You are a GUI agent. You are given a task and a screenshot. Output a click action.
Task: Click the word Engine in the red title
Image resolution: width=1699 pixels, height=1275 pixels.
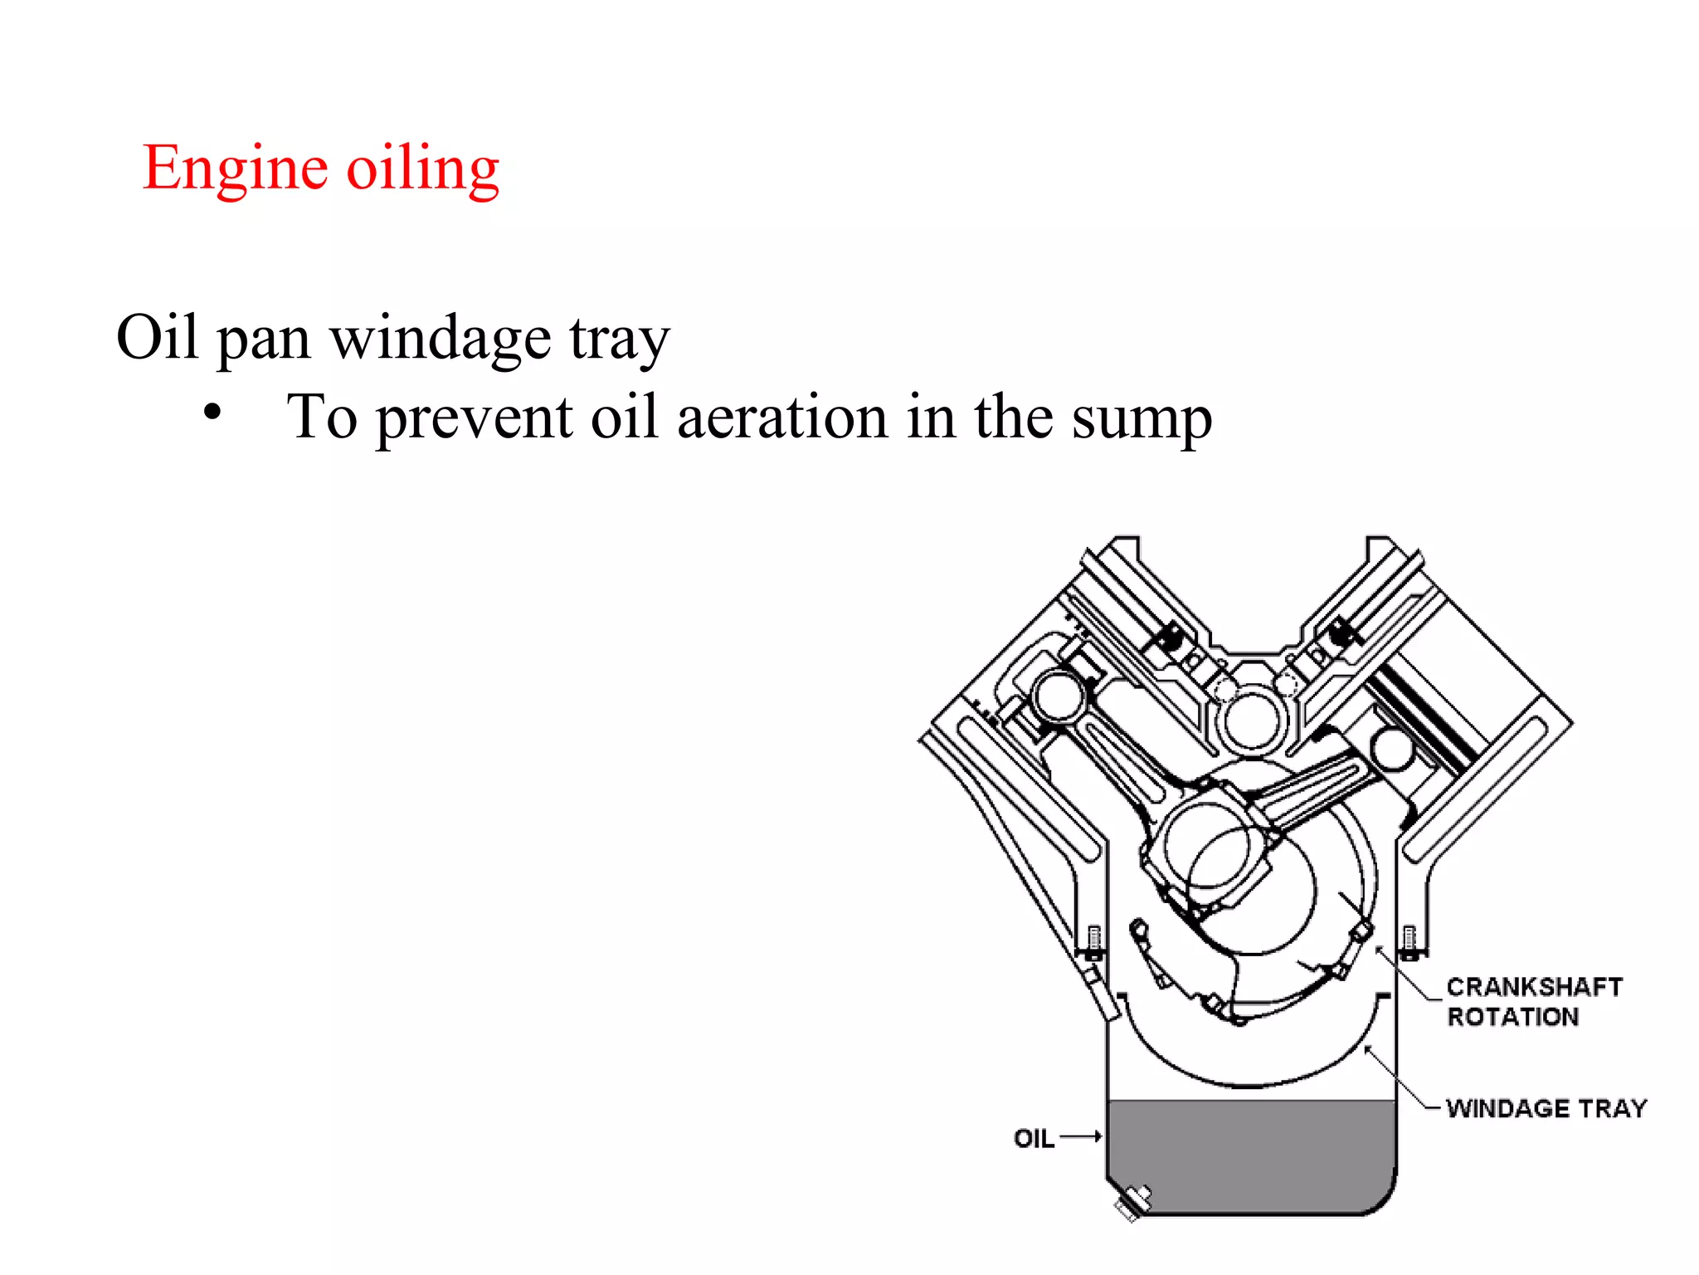click(x=235, y=169)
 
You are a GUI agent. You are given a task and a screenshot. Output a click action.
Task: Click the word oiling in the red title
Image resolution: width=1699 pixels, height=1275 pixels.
click(x=422, y=169)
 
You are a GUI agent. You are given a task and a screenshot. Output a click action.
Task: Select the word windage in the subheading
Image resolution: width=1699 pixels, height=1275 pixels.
click(x=441, y=340)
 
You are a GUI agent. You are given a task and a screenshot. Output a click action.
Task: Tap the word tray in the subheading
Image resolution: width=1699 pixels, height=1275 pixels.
click(x=619, y=340)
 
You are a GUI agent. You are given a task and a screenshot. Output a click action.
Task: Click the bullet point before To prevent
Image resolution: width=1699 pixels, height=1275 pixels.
click(x=213, y=412)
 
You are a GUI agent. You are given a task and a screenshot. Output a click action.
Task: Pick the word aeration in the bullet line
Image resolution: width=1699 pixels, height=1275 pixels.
click(x=782, y=418)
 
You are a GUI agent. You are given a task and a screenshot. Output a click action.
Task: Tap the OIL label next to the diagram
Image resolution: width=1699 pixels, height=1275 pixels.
click(x=1034, y=1138)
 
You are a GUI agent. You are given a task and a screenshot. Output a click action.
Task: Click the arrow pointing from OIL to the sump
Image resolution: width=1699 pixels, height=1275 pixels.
click(x=1081, y=1136)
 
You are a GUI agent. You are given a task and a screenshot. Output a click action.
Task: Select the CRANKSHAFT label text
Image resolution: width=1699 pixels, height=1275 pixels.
click(x=1534, y=987)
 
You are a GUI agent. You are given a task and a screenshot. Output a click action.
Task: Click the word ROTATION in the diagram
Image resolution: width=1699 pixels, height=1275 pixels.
click(x=1512, y=1017)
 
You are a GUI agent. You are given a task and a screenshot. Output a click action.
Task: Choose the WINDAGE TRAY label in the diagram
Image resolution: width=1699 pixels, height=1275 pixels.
click(x=1546, y=1108)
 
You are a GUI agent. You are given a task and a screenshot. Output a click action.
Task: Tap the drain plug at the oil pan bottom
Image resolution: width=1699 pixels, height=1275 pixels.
click(x=1133, y=1202)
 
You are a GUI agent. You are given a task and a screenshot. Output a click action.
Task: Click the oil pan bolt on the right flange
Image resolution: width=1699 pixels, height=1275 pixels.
click(x=1409, y=941)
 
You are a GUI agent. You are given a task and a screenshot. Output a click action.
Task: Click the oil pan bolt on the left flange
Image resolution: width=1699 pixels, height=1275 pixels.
click(x=1094, y=943)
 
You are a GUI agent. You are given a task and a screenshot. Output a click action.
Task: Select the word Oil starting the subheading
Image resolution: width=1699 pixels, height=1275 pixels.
click(x=157, y=338)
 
